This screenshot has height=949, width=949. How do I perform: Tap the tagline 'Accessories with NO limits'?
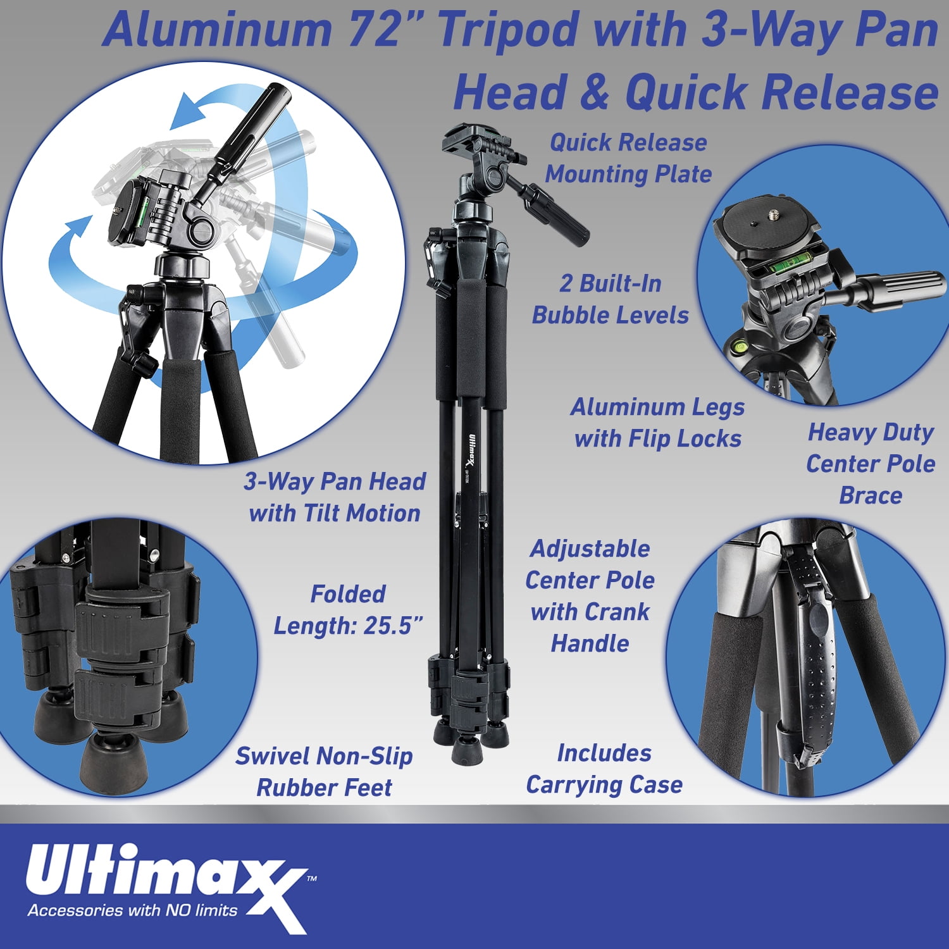(133, 910)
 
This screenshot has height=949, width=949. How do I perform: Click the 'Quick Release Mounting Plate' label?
(628, 158)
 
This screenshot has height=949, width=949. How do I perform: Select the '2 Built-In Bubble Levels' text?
(610, 299)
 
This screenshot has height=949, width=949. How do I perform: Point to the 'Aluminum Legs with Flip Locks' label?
(657, 423)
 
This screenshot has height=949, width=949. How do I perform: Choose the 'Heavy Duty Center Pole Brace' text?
(871, 464)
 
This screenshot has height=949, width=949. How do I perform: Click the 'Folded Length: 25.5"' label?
(348, 610)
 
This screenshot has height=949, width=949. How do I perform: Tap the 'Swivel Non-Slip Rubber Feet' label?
(324, 772)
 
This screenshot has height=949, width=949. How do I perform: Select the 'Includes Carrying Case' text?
(604, 769)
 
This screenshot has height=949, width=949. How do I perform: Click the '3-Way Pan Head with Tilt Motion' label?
(335, 497)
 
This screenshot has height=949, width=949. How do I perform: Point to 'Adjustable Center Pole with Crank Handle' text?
(590, 596)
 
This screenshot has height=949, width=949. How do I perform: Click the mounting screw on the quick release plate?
(773, 215)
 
